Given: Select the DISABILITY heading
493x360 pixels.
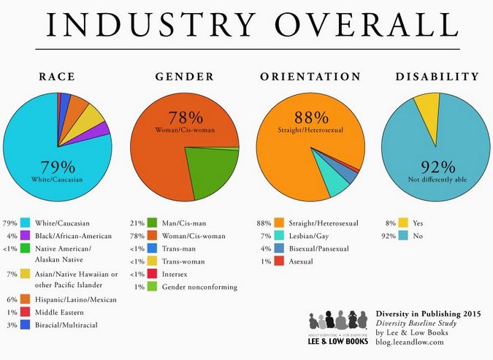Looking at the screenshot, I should tap(437, 76).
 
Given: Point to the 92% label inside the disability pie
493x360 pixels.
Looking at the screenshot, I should tap(436, 166).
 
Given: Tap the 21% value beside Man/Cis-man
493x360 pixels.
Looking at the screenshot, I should tap(136, 223).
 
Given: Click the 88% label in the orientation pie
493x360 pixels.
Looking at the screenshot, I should tap(313, 118).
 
